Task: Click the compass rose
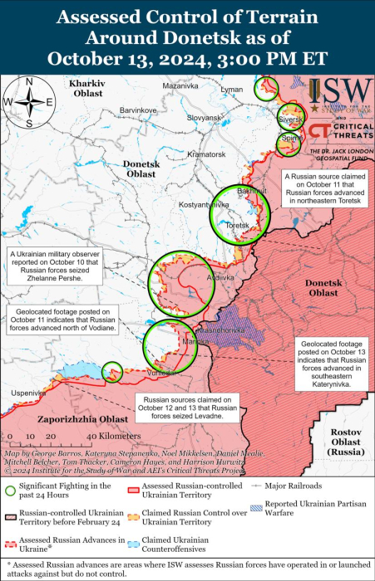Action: [28, 102]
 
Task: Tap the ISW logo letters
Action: [341, 92]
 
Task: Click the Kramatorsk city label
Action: [206, 154]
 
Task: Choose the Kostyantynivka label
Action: [204, 203]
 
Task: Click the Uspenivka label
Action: [27, 393]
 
